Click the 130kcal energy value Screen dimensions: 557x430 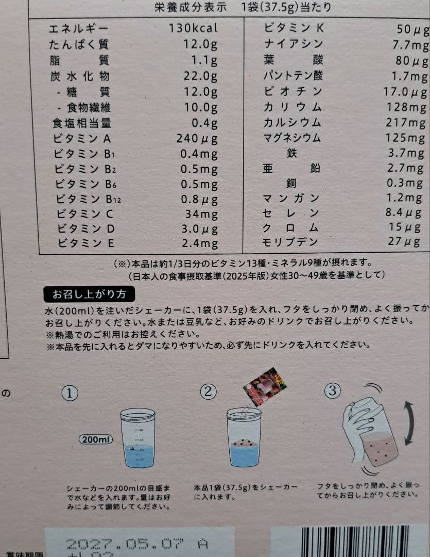coord(193,28)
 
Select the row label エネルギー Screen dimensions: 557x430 coord(79,28)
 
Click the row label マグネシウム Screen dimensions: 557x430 coord(292,138)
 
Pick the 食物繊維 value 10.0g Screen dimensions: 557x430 coord(200,108)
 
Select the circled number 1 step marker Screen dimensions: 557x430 coord(70,393)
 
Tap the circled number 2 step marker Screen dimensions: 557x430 coord(208,392)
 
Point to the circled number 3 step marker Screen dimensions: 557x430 coord(332,391)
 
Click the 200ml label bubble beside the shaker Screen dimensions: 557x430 coord(96,439)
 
